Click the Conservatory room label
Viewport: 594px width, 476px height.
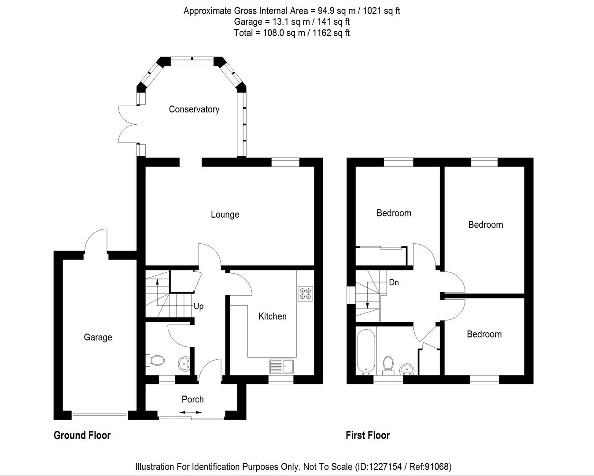coord(194,109)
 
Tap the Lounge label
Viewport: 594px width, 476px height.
coord(225,215)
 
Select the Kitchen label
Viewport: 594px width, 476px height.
coord(272,316)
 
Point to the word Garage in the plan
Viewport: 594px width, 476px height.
coord(98,337)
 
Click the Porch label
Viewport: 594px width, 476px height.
coord(192,399)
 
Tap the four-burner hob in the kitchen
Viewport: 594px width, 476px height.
coord(305,294)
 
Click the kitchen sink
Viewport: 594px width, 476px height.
coord(282,366)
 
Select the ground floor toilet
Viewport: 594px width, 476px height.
coord(155,361)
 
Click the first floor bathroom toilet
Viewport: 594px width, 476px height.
coord(388,364)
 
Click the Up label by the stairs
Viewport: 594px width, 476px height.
coord(199,306)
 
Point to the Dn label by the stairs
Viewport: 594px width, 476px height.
coord(394,283)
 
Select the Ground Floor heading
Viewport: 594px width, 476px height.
coord(82,435)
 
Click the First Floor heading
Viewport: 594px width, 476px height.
coord(368,435)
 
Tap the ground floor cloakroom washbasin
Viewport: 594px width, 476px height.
coord(184,364)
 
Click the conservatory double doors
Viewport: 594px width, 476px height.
coord(128,124)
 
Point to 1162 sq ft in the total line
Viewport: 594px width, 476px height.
coord(331,33)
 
